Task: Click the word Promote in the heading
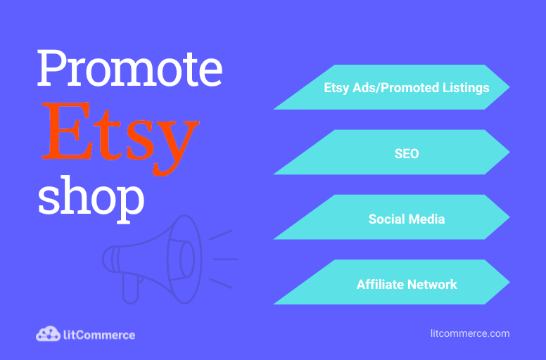(x=129, y=67)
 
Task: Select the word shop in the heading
(x=91, y=198)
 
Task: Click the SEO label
(x=407, y=153)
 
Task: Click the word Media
(x=426, y=219)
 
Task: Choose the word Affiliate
(x=380, y=284)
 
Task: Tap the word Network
(x=432, y=284)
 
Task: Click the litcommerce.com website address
(x=470, y=333)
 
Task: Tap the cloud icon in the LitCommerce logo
(x=48, y=334)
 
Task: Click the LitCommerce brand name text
(x=99, y=335)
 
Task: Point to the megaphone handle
(x=131, y=289)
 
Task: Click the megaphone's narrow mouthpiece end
(x=110, y=259)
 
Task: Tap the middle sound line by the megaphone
(x=225, y=259)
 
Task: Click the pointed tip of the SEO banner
(x=509, y=152)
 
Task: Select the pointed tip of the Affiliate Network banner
(x=509, y=282)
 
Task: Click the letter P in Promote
(x=53, y=67)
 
